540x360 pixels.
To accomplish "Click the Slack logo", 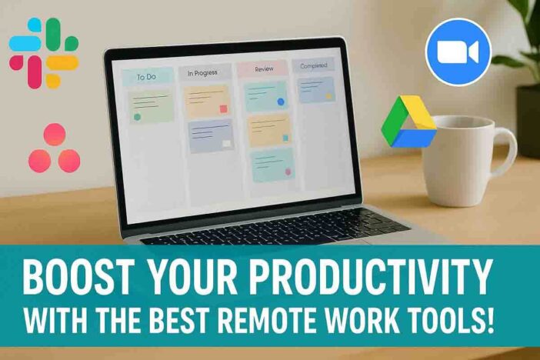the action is [44, 53].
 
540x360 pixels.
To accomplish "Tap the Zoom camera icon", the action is [458, 52].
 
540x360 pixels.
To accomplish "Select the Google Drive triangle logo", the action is [408, 122].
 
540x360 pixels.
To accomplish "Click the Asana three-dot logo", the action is [55, 148].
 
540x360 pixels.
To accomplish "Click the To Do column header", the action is [148, 77].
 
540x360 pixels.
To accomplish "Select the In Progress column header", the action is [204, 72].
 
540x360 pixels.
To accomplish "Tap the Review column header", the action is [262, 68].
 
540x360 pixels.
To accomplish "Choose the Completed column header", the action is [313, 65].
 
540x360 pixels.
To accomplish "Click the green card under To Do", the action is [152, 106].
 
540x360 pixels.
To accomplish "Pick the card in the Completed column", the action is [316, 89].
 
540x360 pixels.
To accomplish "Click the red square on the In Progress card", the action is [224, 109].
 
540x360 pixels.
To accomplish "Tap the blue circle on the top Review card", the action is [281, 102].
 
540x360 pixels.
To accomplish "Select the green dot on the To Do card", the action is [137, 117].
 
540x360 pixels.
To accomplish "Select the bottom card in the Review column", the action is [273, 165].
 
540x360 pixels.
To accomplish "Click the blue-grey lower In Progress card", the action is [211, 135].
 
